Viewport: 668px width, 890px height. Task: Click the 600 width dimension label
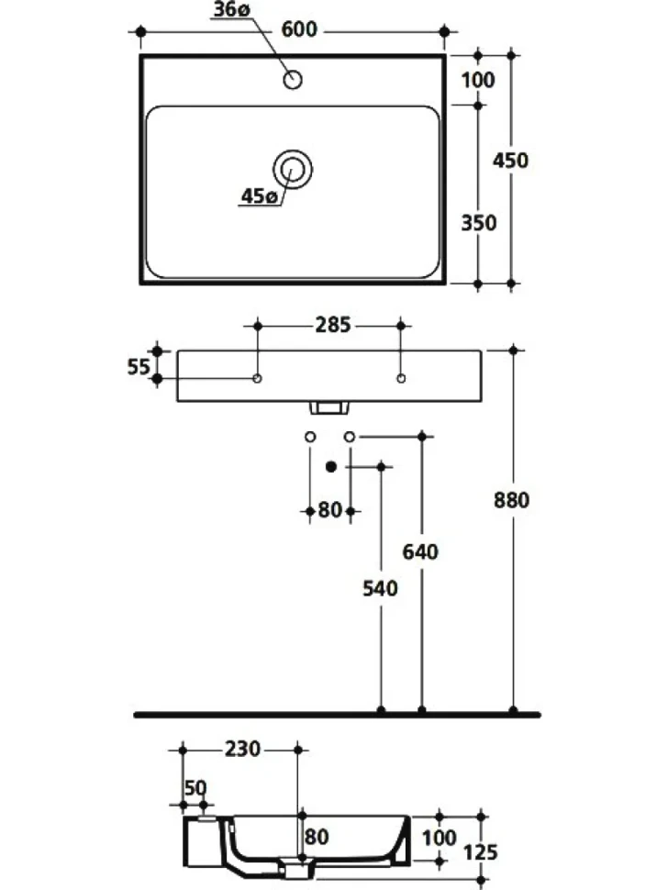[x=299, y=29]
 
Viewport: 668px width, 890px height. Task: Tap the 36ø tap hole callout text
[x=231, y=10]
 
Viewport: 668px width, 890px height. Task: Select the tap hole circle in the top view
[x=293, y=80]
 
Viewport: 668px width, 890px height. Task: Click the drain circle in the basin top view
[x=293, y=169]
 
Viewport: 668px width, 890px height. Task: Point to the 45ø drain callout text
[x=259, y=196]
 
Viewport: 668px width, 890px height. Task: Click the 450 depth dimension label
[x=510, y=161]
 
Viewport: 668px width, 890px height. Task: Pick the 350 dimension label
[x=478, y=223]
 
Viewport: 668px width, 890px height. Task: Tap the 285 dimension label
[x=332, y=325]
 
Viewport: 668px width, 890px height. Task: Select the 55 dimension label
[x=138, y=367]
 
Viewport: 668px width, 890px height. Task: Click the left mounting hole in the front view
[x=257, y=379]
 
